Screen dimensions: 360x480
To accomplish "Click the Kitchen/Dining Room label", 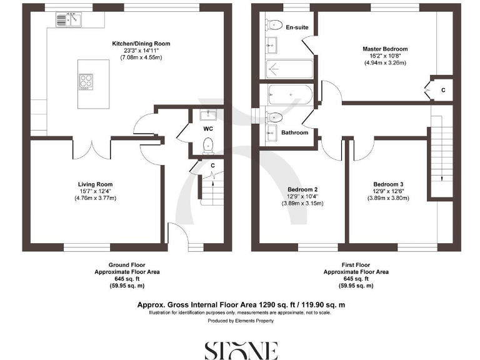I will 141,44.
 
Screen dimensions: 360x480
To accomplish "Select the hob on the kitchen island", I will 86,81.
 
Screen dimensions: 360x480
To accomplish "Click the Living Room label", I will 95,184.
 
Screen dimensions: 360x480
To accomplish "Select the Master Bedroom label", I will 385,49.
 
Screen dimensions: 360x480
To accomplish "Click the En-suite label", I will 296,27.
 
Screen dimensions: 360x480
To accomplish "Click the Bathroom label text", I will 294,132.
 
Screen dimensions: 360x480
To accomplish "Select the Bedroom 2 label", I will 303,190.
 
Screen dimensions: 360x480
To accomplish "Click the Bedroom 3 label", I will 388,184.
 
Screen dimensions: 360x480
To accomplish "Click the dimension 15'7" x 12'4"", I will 95,191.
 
